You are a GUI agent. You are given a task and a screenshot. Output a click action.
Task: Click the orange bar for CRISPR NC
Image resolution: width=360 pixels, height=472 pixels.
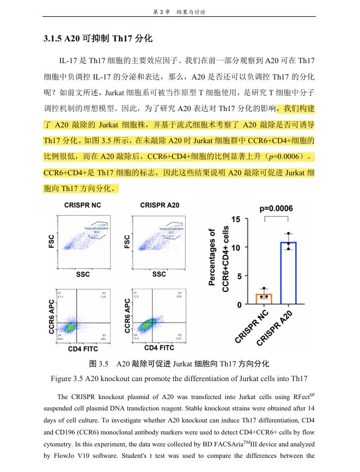tap(264, 299)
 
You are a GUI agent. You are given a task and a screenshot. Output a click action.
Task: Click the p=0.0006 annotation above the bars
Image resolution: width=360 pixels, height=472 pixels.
tap(276, 208)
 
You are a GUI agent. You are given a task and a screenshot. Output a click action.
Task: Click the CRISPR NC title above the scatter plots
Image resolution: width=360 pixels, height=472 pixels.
tap(82, 205)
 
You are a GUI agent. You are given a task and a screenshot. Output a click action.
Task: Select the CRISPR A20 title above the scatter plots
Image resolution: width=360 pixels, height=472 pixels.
tap(160, 205)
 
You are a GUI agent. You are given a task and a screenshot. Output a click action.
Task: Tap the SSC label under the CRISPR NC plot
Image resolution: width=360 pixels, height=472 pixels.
tap(83, 274)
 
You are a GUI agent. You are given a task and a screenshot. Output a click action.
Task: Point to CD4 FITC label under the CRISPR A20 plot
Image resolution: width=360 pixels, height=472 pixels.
tap(160, 347)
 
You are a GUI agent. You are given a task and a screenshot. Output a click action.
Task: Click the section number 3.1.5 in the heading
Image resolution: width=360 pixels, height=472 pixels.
tap(53, 39)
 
